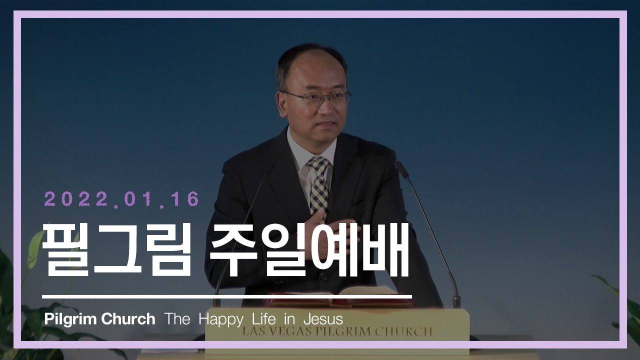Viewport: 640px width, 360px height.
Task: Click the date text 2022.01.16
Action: click(x=121, y=199)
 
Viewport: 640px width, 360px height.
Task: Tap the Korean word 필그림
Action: click(x=116, y=250)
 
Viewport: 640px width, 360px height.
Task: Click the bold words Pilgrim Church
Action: click(x=99, y=319)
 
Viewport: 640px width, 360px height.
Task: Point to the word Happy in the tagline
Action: click(x=221, y=319)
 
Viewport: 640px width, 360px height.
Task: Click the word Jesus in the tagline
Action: click(x=323, y=319)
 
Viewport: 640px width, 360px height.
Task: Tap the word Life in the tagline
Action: click(x=264, y=318)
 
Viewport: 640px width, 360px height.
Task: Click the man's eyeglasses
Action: click(x=317, y=97)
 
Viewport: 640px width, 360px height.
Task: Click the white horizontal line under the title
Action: click(x=227, y=297)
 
